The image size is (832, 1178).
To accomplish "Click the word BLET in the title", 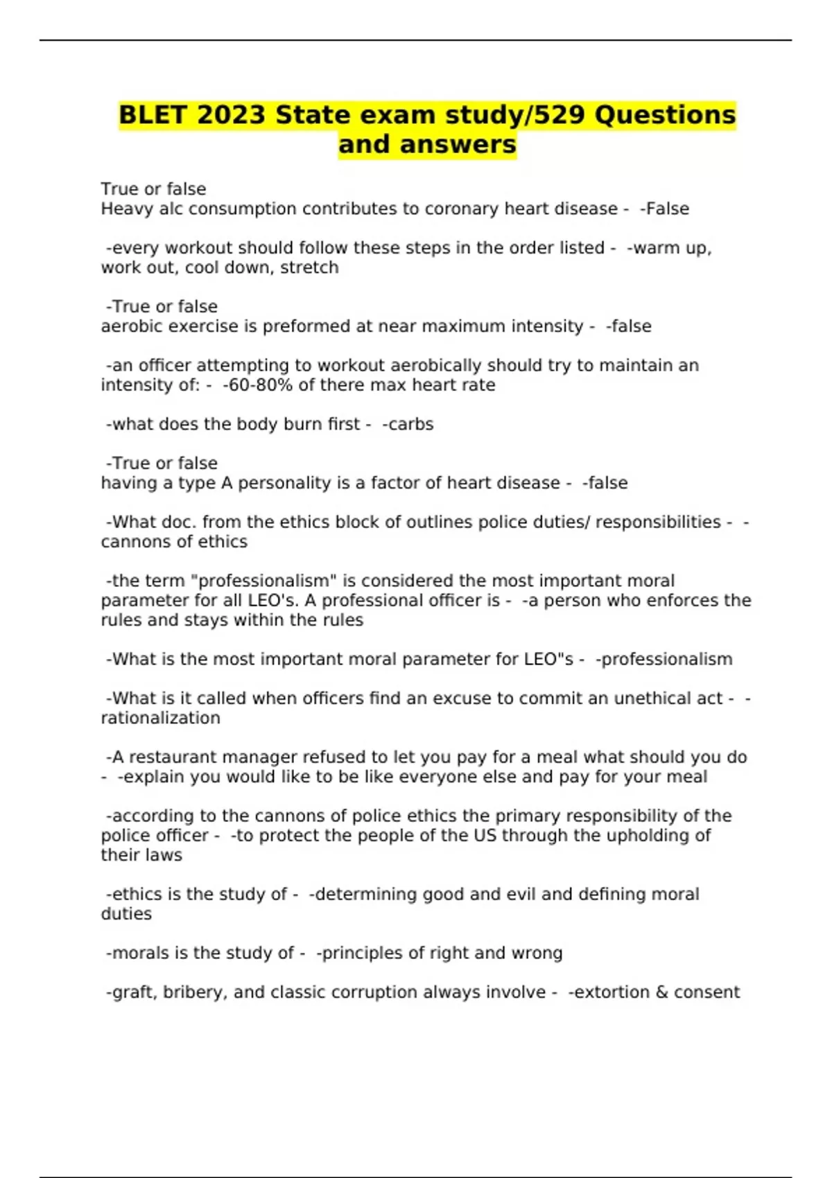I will click(154, 115).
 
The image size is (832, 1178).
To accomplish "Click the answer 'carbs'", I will click(410, 424).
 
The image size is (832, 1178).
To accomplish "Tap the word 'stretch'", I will click(309, 267).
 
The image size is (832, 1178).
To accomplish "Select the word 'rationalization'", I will click(160, 718).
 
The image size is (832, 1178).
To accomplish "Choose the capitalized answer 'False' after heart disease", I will click(667, 209).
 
